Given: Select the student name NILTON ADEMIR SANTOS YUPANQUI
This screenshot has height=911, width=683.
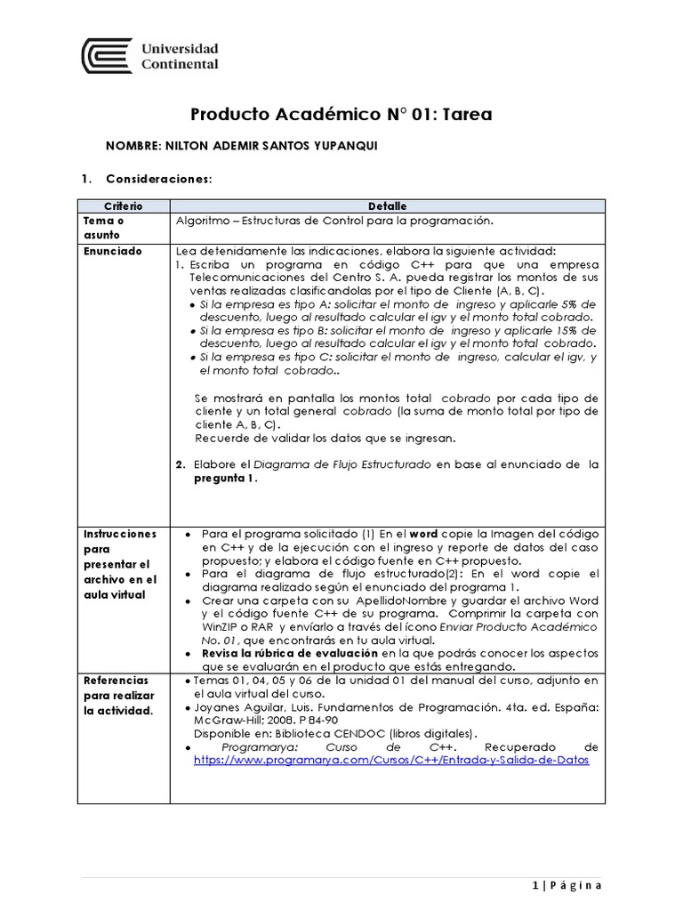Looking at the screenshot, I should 235,147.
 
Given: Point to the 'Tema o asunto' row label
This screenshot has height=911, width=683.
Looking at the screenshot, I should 104,228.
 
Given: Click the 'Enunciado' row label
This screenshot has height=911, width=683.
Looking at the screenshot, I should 113,252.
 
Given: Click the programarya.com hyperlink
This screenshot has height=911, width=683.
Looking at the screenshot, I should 391,762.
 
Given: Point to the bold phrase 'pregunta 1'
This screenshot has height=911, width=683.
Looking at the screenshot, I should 225,478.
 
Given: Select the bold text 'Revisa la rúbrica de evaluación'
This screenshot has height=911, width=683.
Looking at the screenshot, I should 291,653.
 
